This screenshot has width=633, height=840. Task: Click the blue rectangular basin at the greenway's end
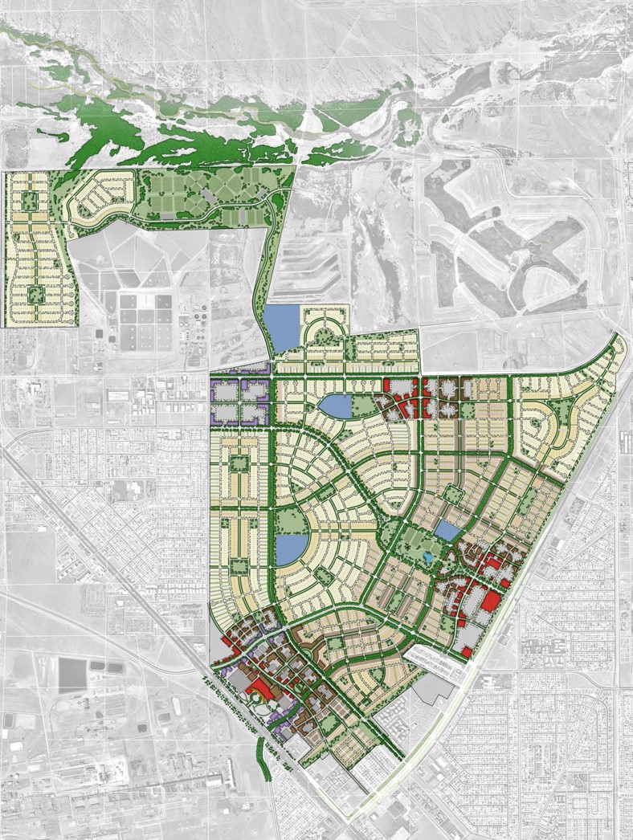(x=282, y=328)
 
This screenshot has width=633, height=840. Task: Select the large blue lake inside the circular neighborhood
(x=290, y=548)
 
